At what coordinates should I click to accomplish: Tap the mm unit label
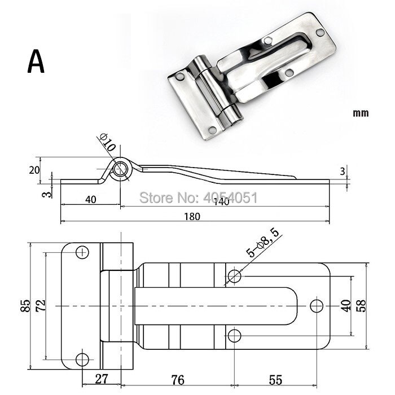(361, 113)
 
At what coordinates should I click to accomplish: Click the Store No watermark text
(198, 197)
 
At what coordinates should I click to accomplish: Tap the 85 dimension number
(25, 305)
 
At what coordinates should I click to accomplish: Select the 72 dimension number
(40, 305)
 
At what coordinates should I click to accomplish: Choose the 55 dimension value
(275, 379)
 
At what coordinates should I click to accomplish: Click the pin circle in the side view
(120, 170)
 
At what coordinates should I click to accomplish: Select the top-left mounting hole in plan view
(83, 252)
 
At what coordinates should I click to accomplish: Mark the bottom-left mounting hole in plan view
(83, 358)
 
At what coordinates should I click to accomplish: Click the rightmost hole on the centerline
(317, 305)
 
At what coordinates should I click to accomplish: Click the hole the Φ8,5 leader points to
(234, 275)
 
